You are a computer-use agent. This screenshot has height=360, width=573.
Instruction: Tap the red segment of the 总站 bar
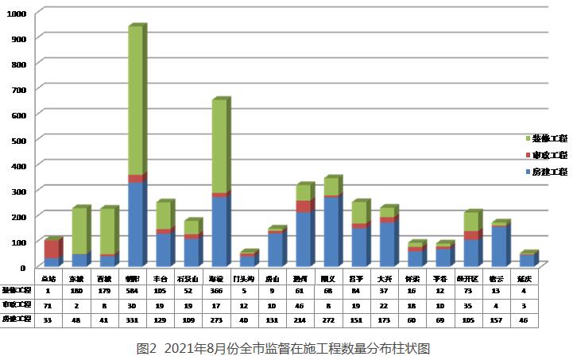point(51,248)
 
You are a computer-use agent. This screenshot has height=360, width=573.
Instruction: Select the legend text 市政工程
point(550,155)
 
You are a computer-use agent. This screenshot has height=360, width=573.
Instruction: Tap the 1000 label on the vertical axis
point(16,14)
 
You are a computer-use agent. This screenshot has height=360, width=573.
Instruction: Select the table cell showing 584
point(133,291)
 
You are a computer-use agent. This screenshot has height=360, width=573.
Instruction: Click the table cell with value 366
point(215,291)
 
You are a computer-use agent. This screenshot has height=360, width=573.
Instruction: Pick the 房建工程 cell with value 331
point(133,319)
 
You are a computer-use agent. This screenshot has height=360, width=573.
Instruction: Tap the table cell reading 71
point(48,305)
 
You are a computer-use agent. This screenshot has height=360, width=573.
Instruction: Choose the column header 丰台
point(161,278)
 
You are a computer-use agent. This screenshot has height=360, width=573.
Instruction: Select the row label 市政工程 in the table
point(16,305)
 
